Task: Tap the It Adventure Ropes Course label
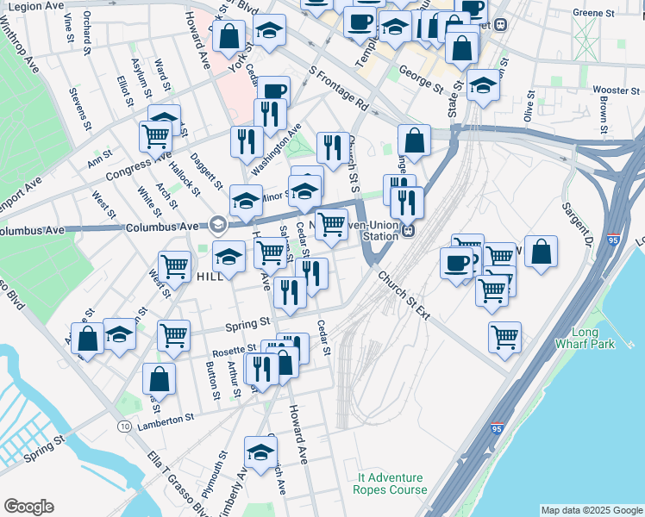click(x=390, y=483)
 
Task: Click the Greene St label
click(x=595, y=13)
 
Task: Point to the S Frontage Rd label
click(x=337, y=90)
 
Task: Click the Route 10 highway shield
click(x=126, y=427)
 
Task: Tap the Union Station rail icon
click(x=410, y=230)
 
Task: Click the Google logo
click(x=28, y=507)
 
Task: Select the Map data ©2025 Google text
click(x=592, y=510)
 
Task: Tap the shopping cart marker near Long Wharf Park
click(x=504, y=335)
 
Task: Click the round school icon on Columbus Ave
click(x=217, y=225)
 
